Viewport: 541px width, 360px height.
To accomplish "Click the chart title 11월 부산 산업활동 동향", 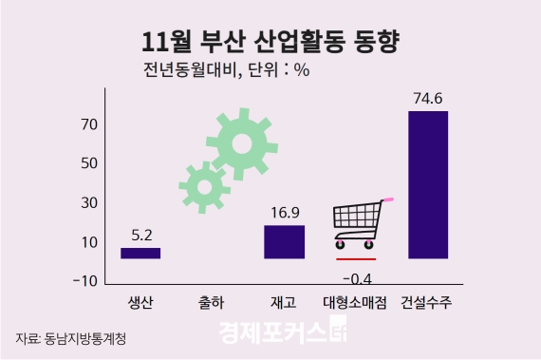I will click(270, 41).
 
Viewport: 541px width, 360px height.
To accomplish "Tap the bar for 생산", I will click(140, 253).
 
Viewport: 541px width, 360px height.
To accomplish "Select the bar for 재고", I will click(284, 241).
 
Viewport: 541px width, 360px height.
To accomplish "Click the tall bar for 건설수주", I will click(427, 184).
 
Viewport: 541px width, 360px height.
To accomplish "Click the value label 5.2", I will click(140, 234).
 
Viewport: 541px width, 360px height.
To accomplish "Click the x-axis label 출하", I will click(212, 303).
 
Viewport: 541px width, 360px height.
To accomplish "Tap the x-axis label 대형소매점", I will click(356, 303).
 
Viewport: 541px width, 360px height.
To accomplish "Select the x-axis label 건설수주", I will click(427, 303).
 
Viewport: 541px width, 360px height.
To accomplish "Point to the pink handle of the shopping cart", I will click(387, 199).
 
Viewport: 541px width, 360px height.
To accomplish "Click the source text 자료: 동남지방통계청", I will click(70, 338).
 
